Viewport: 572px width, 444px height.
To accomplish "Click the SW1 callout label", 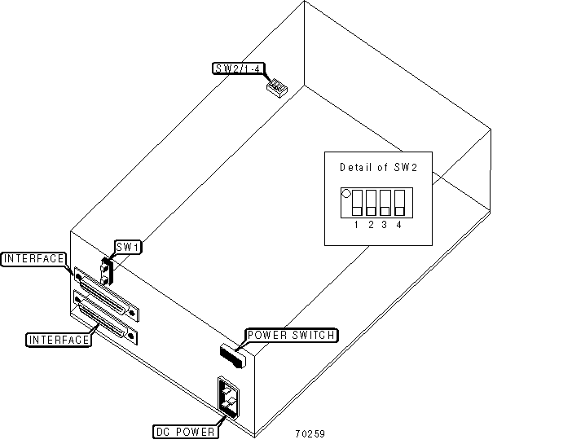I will point(126,246).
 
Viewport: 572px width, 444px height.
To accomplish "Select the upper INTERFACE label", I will point(33,259).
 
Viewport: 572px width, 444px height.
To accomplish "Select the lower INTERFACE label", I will point(58,339).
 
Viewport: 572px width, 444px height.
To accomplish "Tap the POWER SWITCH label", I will point(291,335).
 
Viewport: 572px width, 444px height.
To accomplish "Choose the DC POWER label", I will point(185,431).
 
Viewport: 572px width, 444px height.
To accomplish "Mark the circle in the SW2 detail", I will point(345,195).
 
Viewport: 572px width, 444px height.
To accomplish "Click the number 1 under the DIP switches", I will point(358,225).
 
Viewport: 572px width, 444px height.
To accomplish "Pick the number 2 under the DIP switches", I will point(371,225).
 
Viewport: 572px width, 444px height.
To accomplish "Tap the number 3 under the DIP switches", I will point(385,225).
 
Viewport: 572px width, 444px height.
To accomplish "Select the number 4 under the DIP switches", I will point(398,225).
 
